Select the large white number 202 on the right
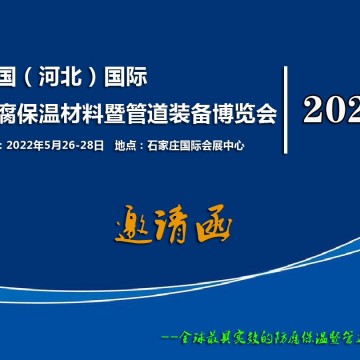331,108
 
